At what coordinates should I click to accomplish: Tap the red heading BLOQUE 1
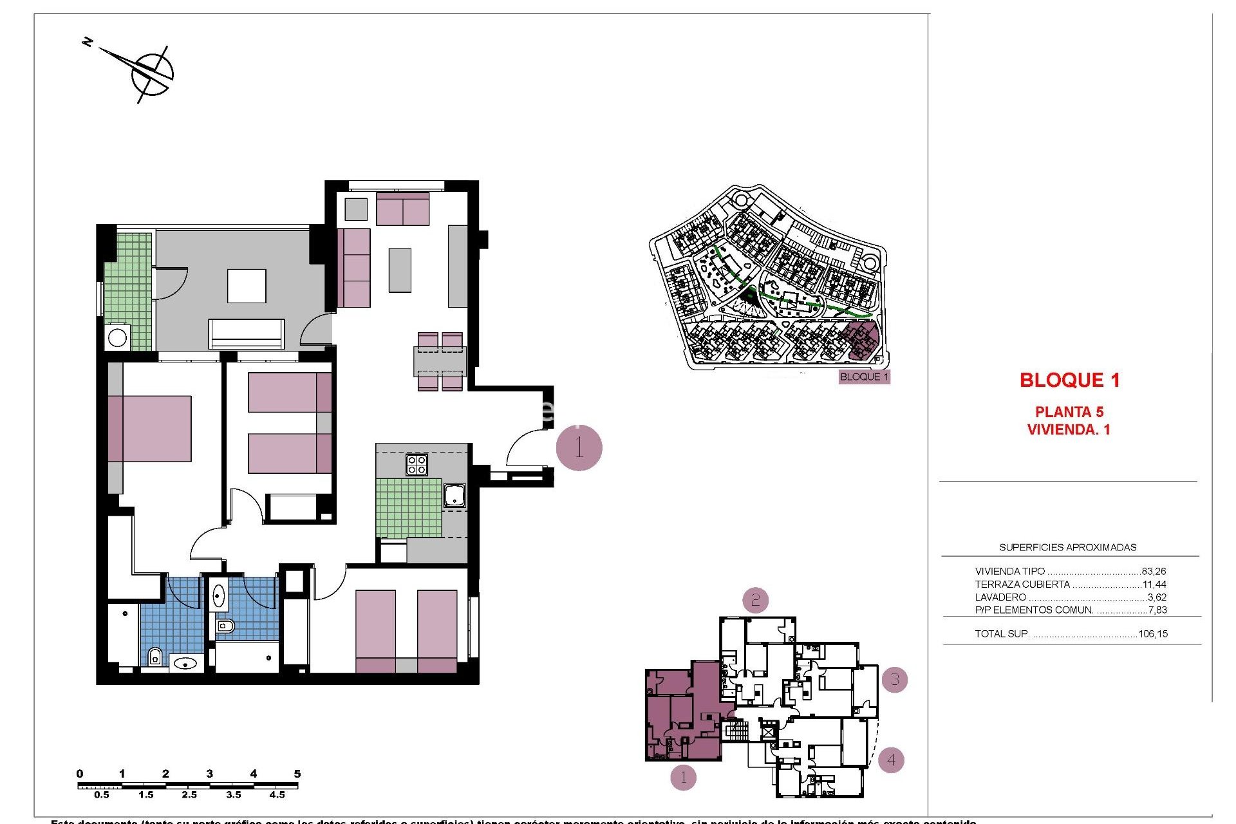click(1069, 380)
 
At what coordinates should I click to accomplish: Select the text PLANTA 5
click(1069, 412)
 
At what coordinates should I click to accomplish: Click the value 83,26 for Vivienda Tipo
click(1154, 572)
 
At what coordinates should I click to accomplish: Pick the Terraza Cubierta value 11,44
click(1154, 585)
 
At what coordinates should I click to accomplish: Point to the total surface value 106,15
click(1152, 634)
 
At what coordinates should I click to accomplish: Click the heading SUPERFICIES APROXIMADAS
click(1067, 548)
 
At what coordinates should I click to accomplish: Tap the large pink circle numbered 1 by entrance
click(579, 447)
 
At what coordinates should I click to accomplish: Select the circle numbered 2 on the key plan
click(755, 601)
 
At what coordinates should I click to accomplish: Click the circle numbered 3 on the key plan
click(894, 679)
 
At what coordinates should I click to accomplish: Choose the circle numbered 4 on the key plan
click(891, 760)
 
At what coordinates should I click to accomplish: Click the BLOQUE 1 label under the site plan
click(864, 377)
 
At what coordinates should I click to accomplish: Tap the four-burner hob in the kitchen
click(417, 465)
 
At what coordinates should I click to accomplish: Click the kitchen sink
click(454, 495)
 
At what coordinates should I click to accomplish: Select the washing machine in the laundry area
click(117, 337)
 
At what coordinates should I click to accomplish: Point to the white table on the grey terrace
click(247, 286)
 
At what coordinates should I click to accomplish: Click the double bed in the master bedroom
click(150, 429)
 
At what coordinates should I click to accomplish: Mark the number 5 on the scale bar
click(297, 774)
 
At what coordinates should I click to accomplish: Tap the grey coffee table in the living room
click(400, 270)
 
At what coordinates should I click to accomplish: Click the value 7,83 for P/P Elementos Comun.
click(1157, 610)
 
